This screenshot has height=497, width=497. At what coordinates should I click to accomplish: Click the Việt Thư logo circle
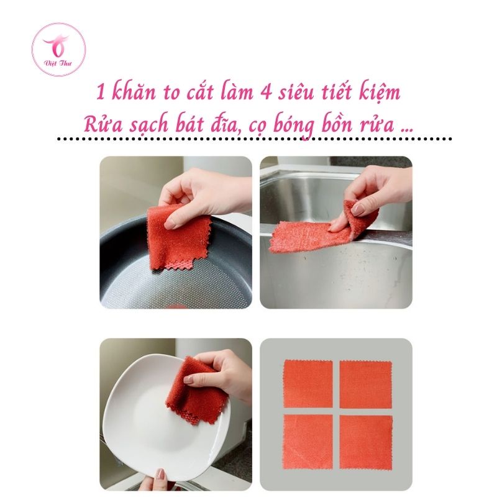[x=58, y=50]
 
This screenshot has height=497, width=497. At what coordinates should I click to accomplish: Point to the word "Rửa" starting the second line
[x=103, y=124]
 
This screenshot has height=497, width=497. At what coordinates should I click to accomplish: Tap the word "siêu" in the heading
[x=296, y=92]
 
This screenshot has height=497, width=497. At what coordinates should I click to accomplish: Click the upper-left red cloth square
[x=308, y=383]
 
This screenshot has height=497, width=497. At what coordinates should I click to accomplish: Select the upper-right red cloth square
[x=366, y=384]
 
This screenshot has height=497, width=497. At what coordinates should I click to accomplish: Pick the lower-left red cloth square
[x=308, y=441]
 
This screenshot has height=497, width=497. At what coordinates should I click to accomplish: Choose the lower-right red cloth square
[x=366, y=442]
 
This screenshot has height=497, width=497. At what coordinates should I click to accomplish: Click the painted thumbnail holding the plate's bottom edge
[x=161, y=474]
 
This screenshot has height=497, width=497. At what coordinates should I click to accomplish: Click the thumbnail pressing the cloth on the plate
[x=188, y=380]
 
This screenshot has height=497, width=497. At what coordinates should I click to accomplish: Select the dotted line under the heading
[x=254, y=139]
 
